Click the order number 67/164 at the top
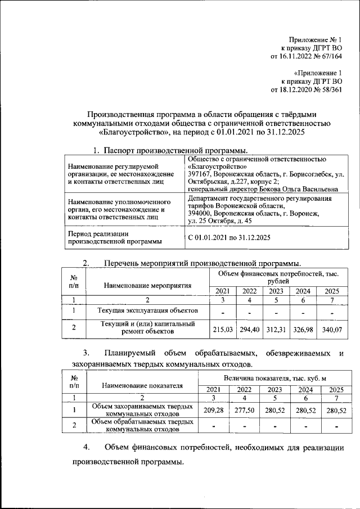pyautogui.click(x=331, y=56)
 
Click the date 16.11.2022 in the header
pyautogui.click(x=297, y=56)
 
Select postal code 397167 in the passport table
pyautogui.click(x=200, y=174)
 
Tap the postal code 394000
pyautogui.click(x=200, y=214)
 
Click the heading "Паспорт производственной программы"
pyautogui.click(x=175, y=150)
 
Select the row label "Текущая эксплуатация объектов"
pyautogui.click(x=147, y=310)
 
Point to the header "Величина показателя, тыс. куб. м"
pyautogui.click(x=274, y=380)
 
